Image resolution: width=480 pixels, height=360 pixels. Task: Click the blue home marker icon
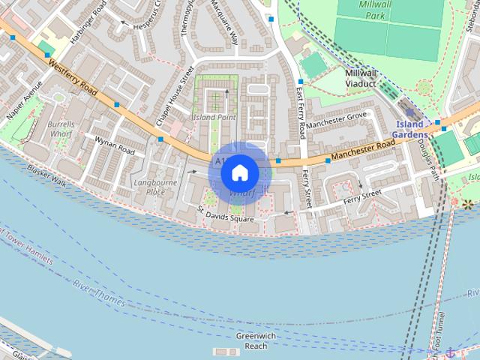239,172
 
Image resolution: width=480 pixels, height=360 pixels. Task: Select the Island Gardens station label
412,129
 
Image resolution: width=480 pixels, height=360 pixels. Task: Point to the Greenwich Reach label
256,341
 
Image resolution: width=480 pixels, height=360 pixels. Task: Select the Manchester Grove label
336,118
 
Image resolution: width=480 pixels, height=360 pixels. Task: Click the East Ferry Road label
299,112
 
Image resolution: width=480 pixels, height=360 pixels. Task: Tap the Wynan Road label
114,145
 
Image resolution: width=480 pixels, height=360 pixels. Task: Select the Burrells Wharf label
59,127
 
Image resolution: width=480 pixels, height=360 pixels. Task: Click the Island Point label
214,118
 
